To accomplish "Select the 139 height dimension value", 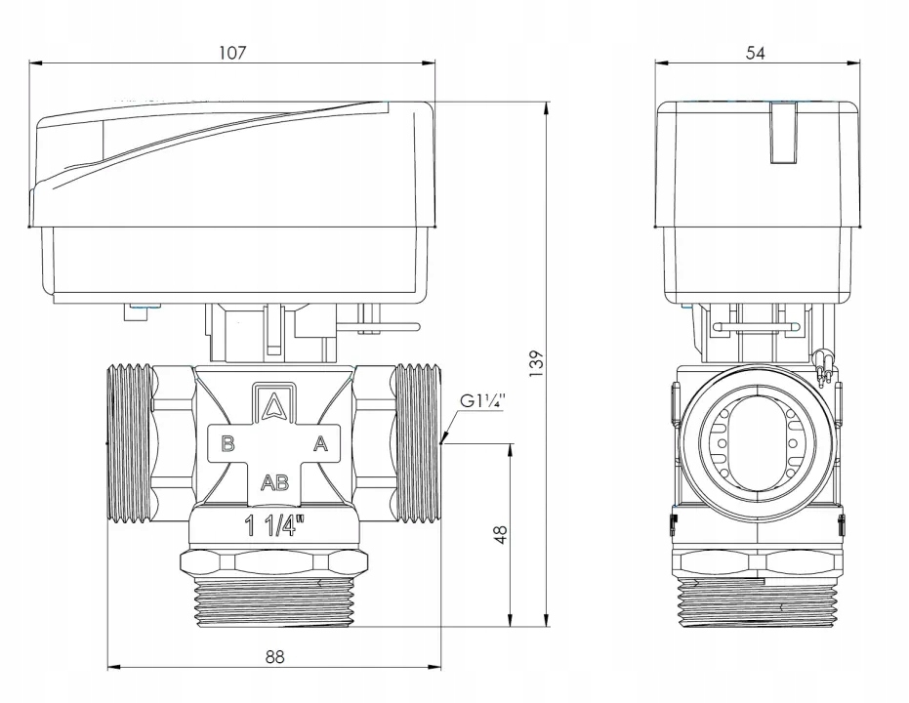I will (535, 362).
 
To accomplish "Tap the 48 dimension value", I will (501, 535).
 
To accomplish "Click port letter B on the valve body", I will (227, 444).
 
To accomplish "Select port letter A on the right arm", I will (319, 444).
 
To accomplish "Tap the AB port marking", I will (273, 480).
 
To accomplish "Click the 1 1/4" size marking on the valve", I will (273, 527).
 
